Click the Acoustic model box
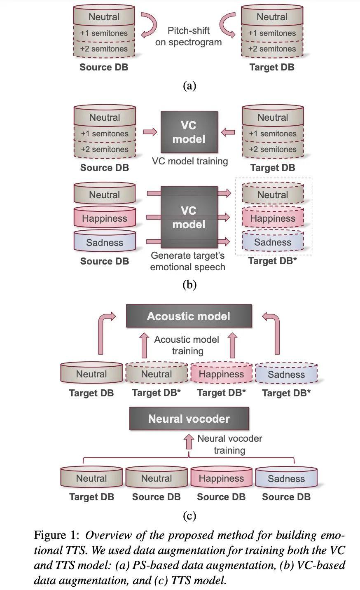[x=189, y=316]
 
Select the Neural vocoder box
[x=189, y=419]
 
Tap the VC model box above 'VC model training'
[x=189, y=132]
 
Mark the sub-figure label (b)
[x=189, y=285]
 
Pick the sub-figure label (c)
[x=189, y=515]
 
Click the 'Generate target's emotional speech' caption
[x=188, y=261]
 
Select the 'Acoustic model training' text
[x=187, y=345]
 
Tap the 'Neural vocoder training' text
[x=229, y=444]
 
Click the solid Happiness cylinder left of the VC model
[x=105, y=218]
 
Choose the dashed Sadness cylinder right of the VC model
[x=273, y=242]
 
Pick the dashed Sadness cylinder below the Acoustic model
[x=286, y=374]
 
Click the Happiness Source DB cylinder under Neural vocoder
[x=221, y=478]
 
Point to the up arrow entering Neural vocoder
[x=189, y=441]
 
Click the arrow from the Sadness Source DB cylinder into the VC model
[x=153, y=241]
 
